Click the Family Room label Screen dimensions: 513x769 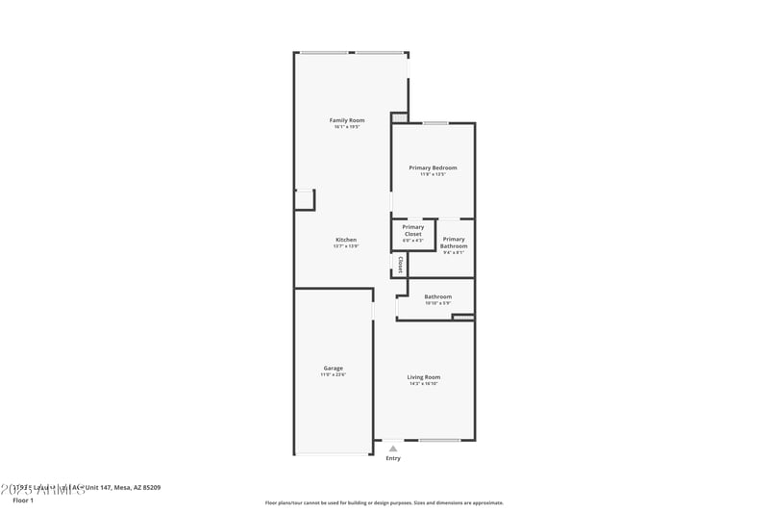click(347, 120)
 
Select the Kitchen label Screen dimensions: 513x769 click(346, 240)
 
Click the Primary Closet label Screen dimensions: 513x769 click(412, 230)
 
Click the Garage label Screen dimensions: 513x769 click(334, 368)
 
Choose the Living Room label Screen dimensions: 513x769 click(423, 377)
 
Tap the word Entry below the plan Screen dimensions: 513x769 click(393, 458)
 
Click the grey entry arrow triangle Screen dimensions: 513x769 click(392, 449)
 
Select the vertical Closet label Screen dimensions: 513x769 click(400, 264)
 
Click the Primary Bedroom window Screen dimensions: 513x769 click(435, 123)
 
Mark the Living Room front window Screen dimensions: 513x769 click(438, 441)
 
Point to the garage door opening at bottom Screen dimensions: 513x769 click(333, 453)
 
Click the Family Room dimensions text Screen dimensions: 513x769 click(347, 127)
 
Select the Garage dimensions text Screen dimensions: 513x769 click(334, 374)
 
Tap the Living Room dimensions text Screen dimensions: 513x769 click(423, 384)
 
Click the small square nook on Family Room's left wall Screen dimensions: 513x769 click(305, 199)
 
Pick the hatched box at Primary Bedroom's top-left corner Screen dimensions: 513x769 click(399, 117)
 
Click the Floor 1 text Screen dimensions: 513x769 click(23, 500)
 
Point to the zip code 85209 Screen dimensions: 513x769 click(149, 488)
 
